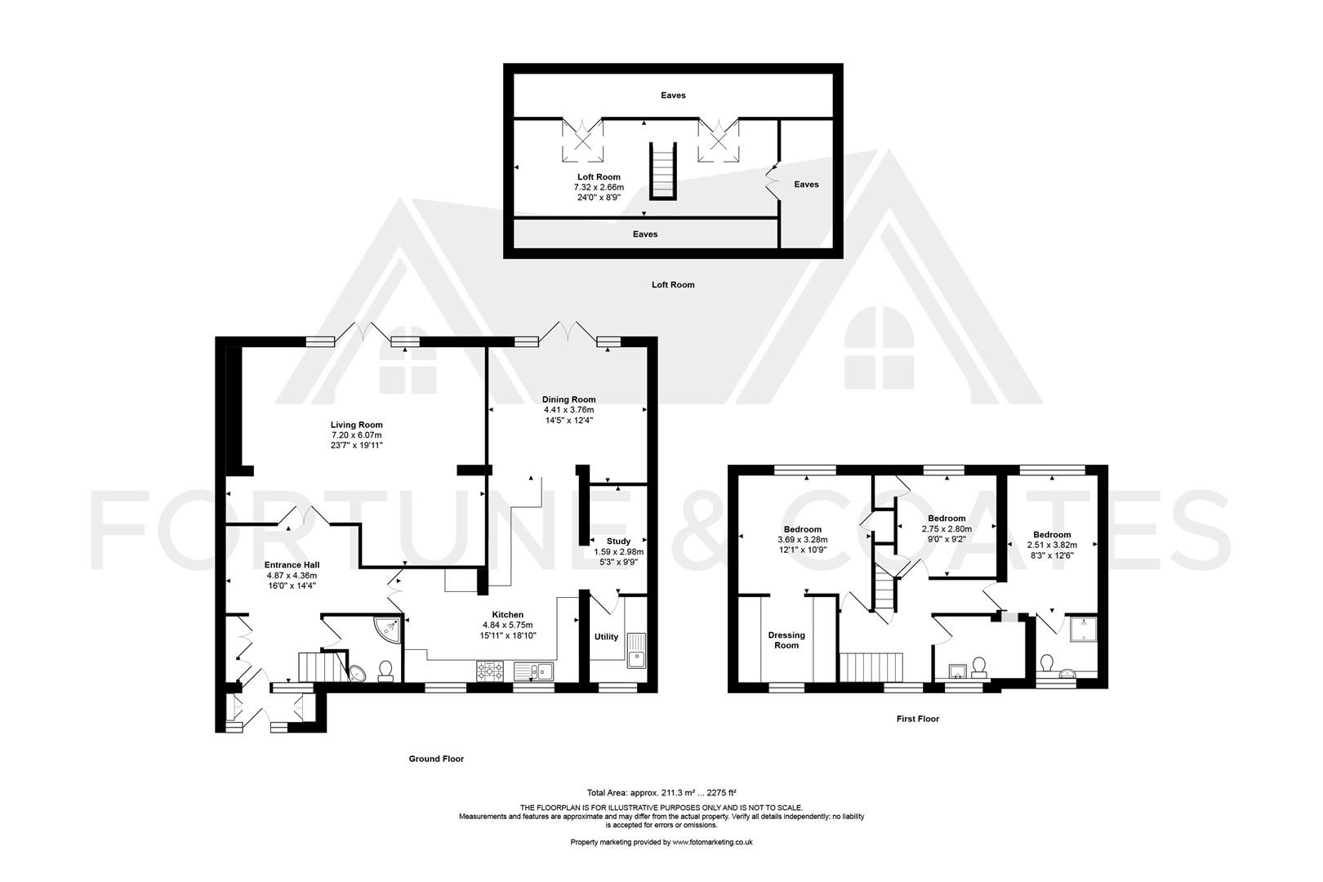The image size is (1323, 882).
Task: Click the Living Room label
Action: point(356,425)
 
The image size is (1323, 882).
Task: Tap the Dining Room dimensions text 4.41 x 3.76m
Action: point(568,410)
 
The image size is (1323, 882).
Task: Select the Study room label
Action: point(618,541)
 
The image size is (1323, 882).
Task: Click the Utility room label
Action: point(606,637)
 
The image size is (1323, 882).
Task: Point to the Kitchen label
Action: point(507,615)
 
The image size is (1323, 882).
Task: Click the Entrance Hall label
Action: point(292,564)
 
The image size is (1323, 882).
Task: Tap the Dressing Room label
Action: point(786,640)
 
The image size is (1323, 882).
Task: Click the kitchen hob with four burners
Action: point(492,671)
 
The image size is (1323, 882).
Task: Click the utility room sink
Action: point(636,653)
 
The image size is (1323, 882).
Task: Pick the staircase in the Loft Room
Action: point(663,171)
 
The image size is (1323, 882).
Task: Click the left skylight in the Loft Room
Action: point(583,140)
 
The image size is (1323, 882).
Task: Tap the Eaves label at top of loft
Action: point(673,96)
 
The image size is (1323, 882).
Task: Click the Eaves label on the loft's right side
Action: point(806,185)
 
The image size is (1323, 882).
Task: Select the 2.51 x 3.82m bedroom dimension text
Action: point(1051,545)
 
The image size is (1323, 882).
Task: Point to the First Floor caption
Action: point(917,719)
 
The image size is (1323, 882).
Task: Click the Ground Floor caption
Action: point(436,759)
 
